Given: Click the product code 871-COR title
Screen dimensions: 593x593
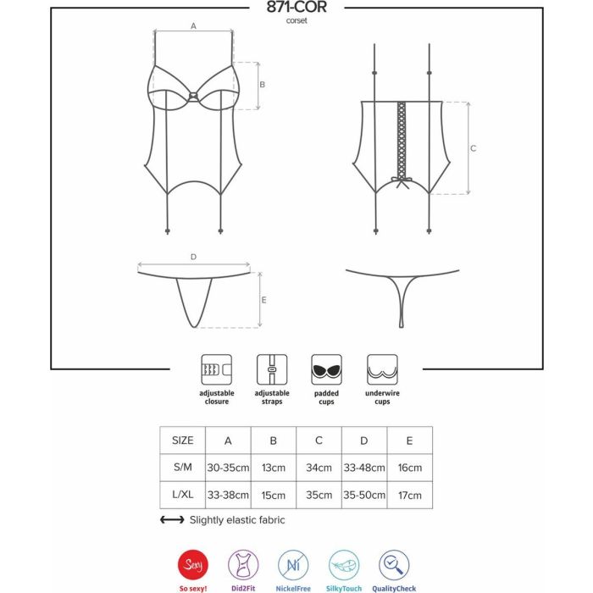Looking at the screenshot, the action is [x=296, y=7].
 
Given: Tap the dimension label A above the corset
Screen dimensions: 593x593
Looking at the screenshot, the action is [x=193, y=26].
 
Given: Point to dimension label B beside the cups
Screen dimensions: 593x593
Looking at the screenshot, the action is [x=262, y=85].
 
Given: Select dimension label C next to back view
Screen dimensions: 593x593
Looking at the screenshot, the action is [x=473, y=148].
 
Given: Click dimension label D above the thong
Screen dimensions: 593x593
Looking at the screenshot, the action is [x=193, y=257].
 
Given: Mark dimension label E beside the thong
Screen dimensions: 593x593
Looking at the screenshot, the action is [x=264, y=300].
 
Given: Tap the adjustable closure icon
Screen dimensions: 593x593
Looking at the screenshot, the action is [x=216, y=369].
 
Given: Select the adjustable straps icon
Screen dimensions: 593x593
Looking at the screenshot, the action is [x=272, y=369].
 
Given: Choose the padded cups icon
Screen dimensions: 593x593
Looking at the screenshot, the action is [x=326, y=369].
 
